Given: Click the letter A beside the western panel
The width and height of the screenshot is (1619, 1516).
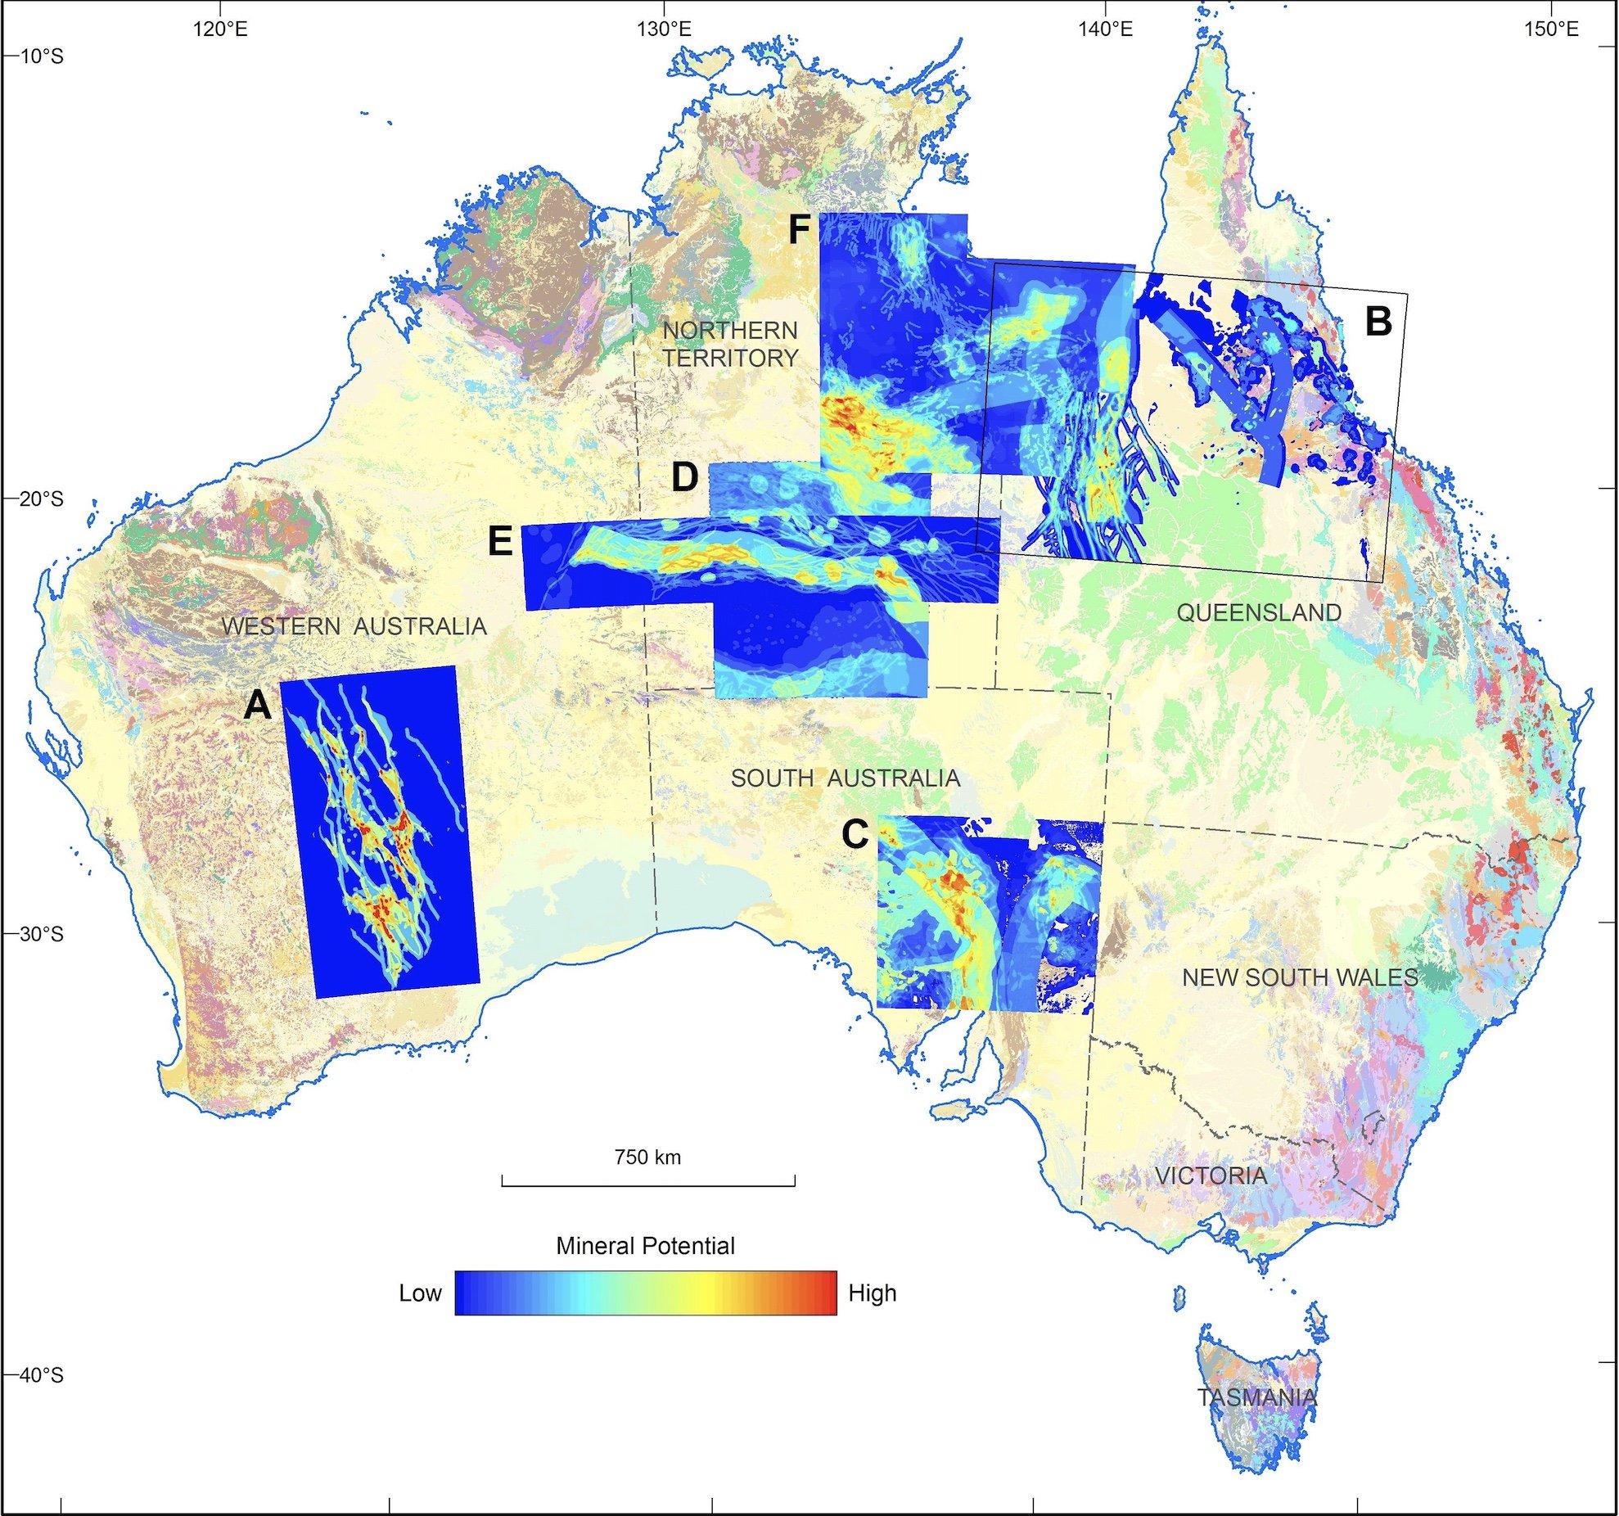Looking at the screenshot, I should tap(258, 705).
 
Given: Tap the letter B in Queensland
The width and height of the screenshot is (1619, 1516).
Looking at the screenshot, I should tap(1378, 322).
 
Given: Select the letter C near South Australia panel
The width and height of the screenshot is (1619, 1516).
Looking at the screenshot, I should tap(855, 835).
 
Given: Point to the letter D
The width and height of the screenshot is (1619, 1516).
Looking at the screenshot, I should tap(684, 478).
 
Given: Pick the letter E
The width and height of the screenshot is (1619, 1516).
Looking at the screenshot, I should tap(500, 541).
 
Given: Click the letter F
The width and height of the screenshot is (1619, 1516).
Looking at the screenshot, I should tap(799, 231).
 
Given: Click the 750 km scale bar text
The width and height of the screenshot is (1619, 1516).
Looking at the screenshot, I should tap(647, 1157).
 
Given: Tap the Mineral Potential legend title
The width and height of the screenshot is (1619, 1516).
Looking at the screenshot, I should tap(645, 1246).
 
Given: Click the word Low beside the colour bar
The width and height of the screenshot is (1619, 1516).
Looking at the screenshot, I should tap(420, 1293).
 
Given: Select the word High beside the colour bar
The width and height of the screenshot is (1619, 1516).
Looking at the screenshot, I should tap(873, 1293).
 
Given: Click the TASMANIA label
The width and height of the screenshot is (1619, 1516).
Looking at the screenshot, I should tap(1257, 1396).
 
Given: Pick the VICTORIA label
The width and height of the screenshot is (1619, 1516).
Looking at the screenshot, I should tap(1211, 1176).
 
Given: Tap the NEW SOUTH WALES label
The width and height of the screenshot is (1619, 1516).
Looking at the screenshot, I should tap(1300, 977).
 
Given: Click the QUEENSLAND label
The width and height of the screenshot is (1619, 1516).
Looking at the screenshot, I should tap(1259, 612).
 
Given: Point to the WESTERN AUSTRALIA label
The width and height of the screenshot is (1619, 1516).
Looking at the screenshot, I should tap(354, 626).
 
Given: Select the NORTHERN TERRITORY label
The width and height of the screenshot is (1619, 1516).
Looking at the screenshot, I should tap(730, 344).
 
